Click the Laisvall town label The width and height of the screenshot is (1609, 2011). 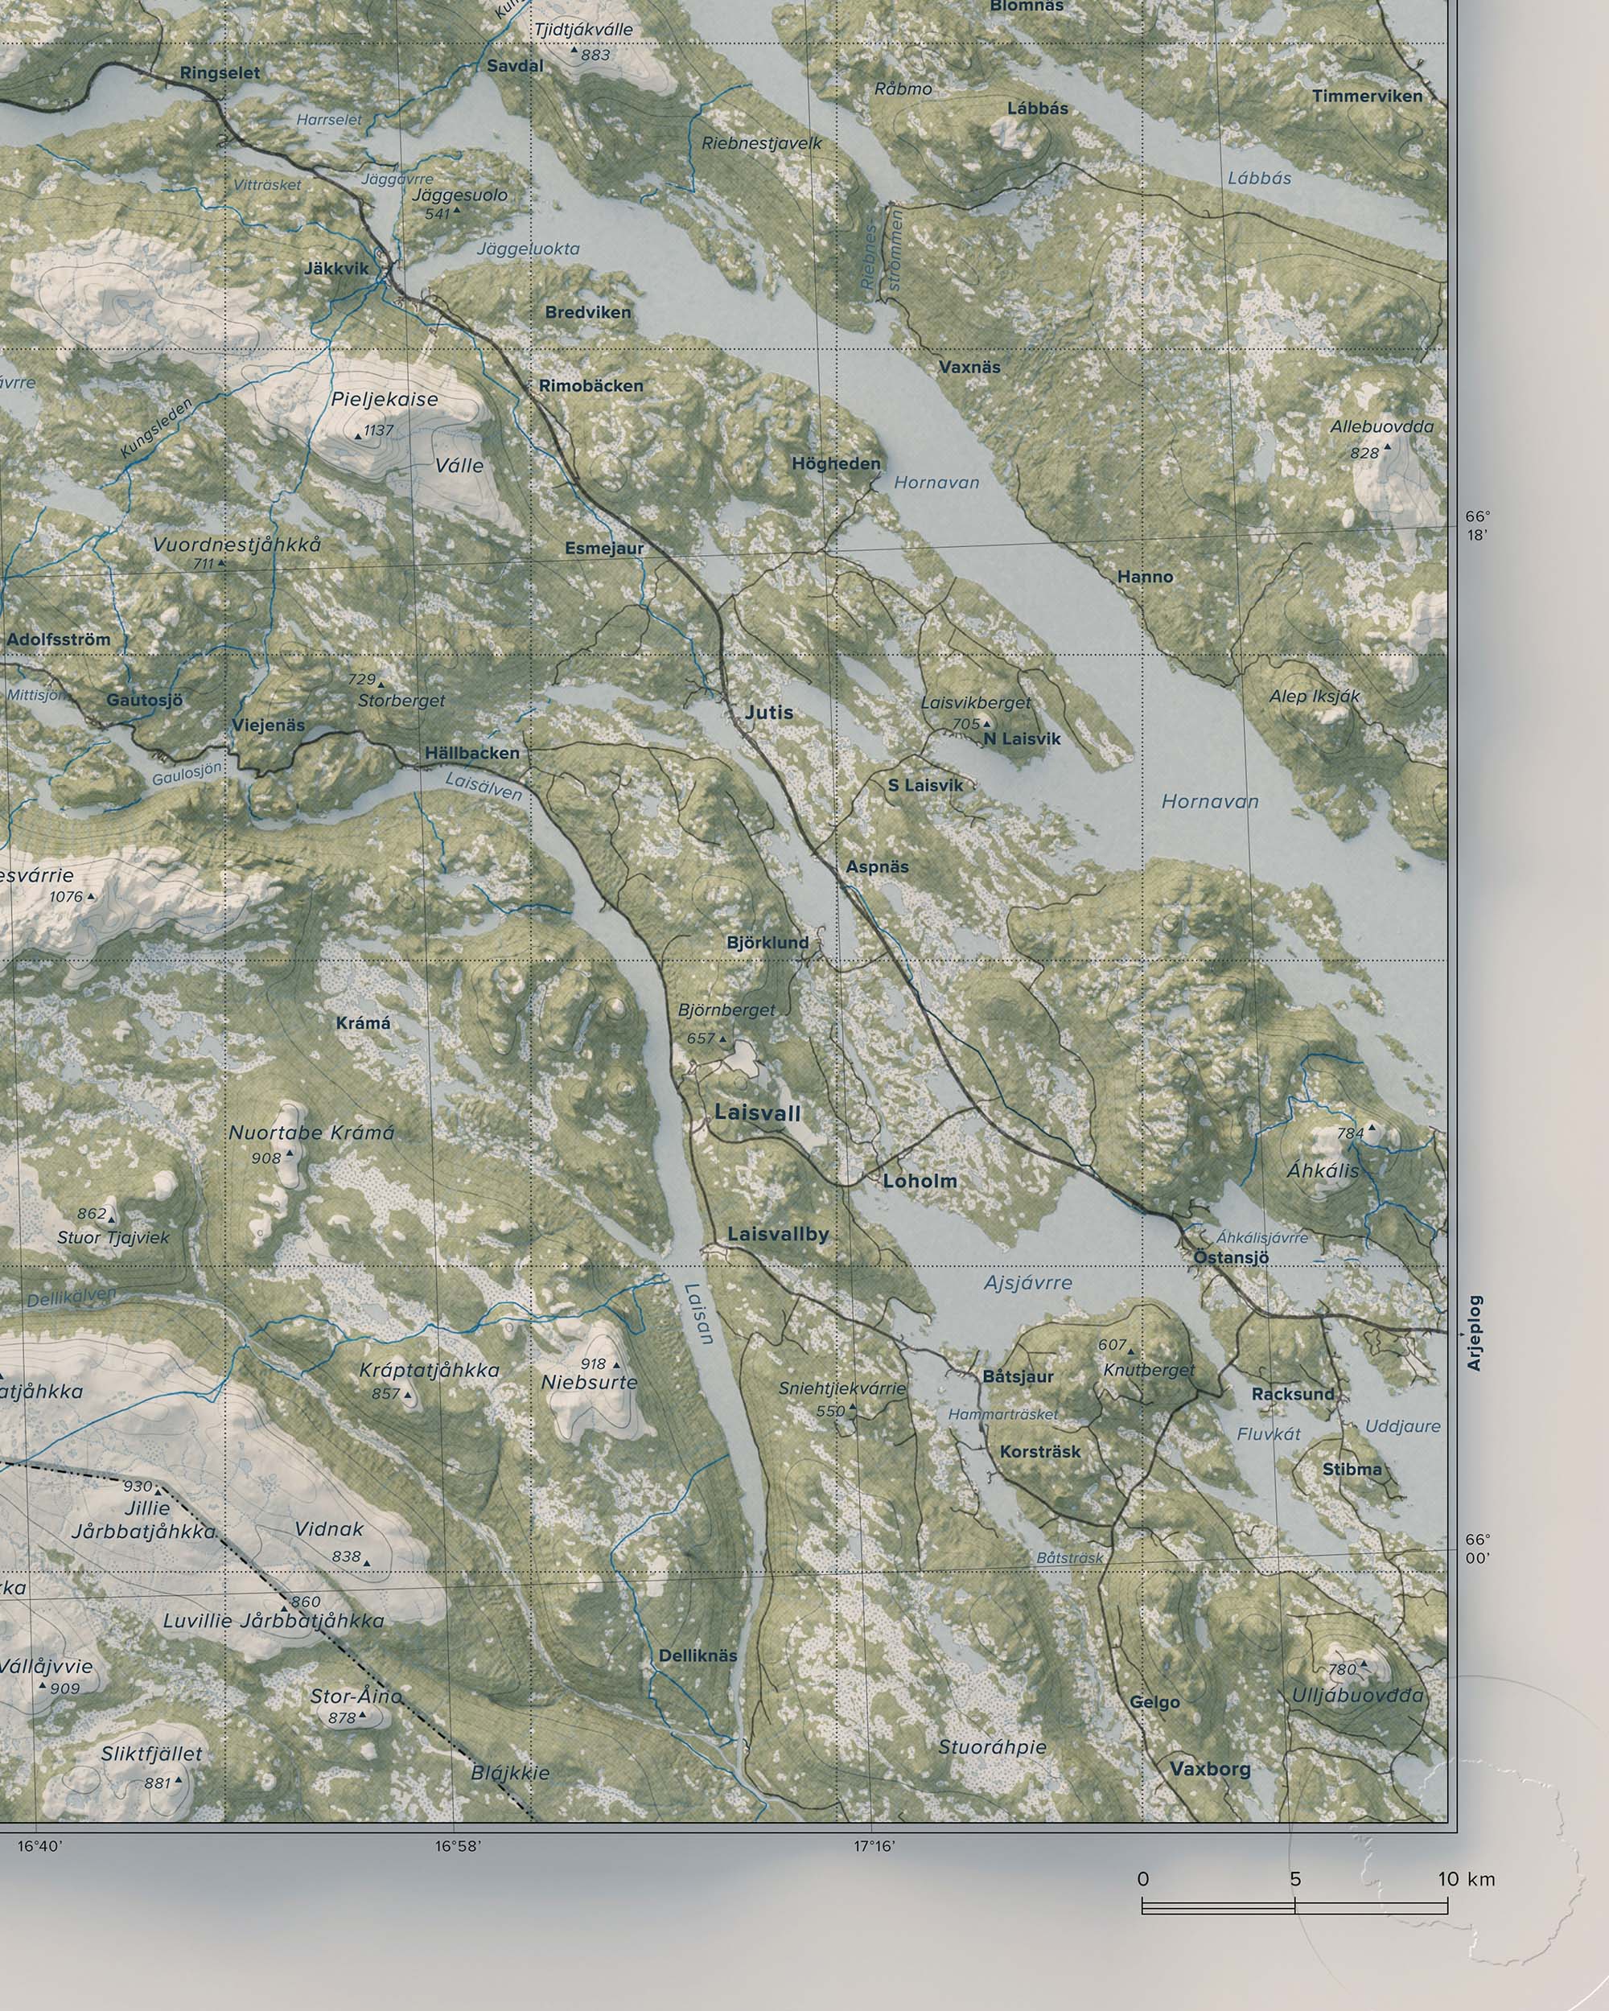pyautogui.click(x=757, y=1112)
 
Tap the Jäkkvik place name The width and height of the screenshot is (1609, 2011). pyautogui.click(x=335, y=269)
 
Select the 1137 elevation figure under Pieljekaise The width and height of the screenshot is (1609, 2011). pyautogui.click(x=379, y=430)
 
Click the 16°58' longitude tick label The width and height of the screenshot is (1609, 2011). pyautogui.click(x=457, y=1846)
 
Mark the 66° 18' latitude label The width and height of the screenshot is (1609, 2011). pyautogui.click(x=1478, y=526)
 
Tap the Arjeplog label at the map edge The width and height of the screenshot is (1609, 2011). pyautogui.click(x=1475, y=1333)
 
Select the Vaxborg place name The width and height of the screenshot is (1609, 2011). pyautogui.click(x=1210, y=1769)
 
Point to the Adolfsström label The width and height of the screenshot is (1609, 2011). pyautogui.click(x=58, y=639)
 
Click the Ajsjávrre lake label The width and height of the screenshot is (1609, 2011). pyautogui.click(x=1028, y=1284)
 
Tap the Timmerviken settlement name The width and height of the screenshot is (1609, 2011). pyautogui.click(x=1367, y=96)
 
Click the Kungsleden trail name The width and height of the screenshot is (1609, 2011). pyautogui.click(x=157, y=427)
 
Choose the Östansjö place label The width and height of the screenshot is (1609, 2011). pyautogui.click(x=1231, y=1257)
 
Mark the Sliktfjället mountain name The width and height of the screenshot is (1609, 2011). pyautogui.click(x=151, y=1754)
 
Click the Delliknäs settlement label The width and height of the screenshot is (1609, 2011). pyautogui.click(x=698, y=1655)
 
